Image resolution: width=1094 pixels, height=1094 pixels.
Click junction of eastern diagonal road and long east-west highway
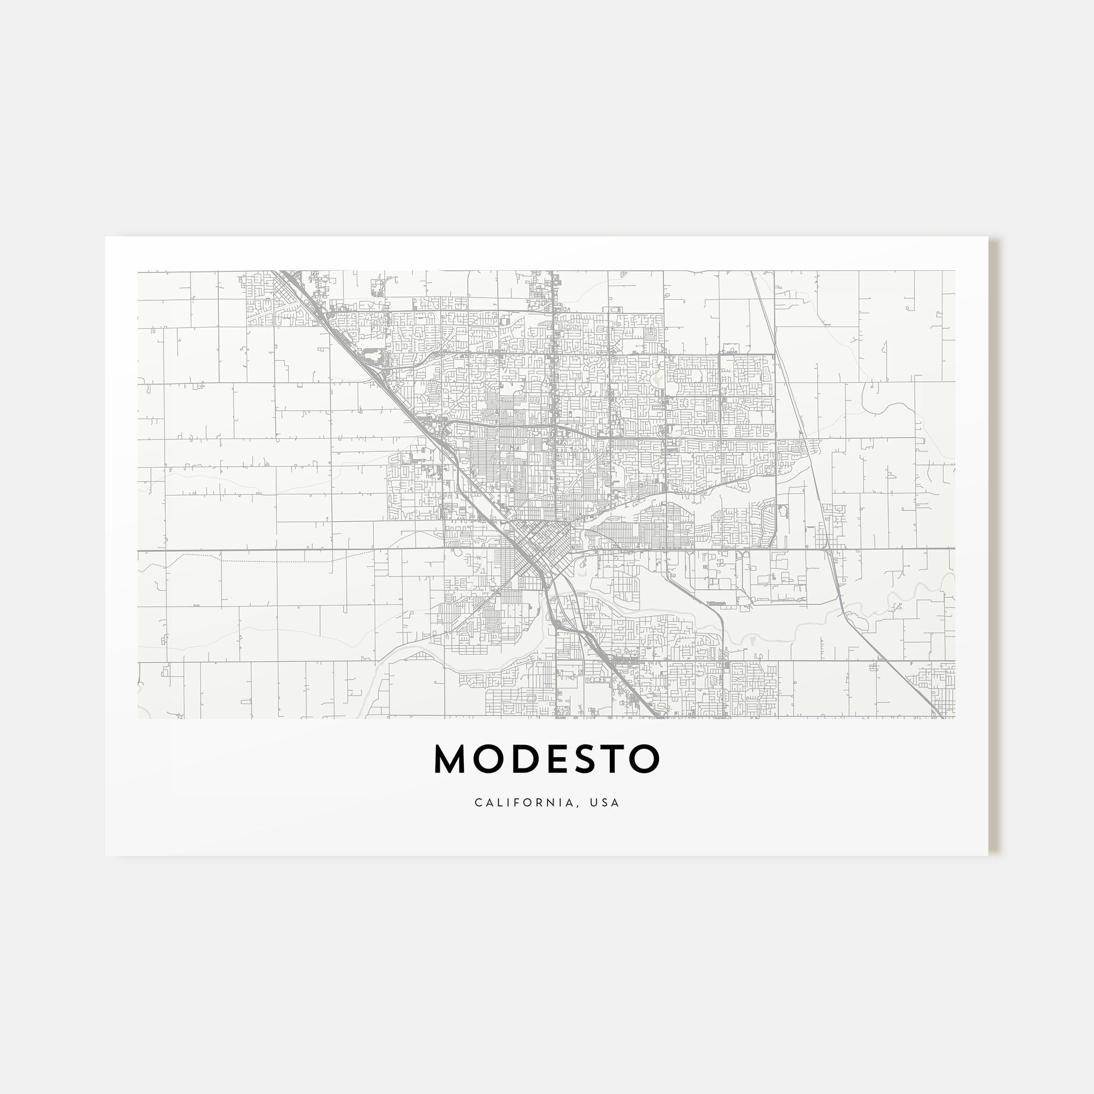pos(828,549)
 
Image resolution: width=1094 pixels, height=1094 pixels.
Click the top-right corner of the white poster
pos(988,237)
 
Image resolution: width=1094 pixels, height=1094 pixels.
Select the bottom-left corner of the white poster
pos(106,856)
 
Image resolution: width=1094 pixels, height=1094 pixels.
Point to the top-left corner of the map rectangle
pos(138,271)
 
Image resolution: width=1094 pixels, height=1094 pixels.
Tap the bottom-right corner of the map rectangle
pos(955,719)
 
